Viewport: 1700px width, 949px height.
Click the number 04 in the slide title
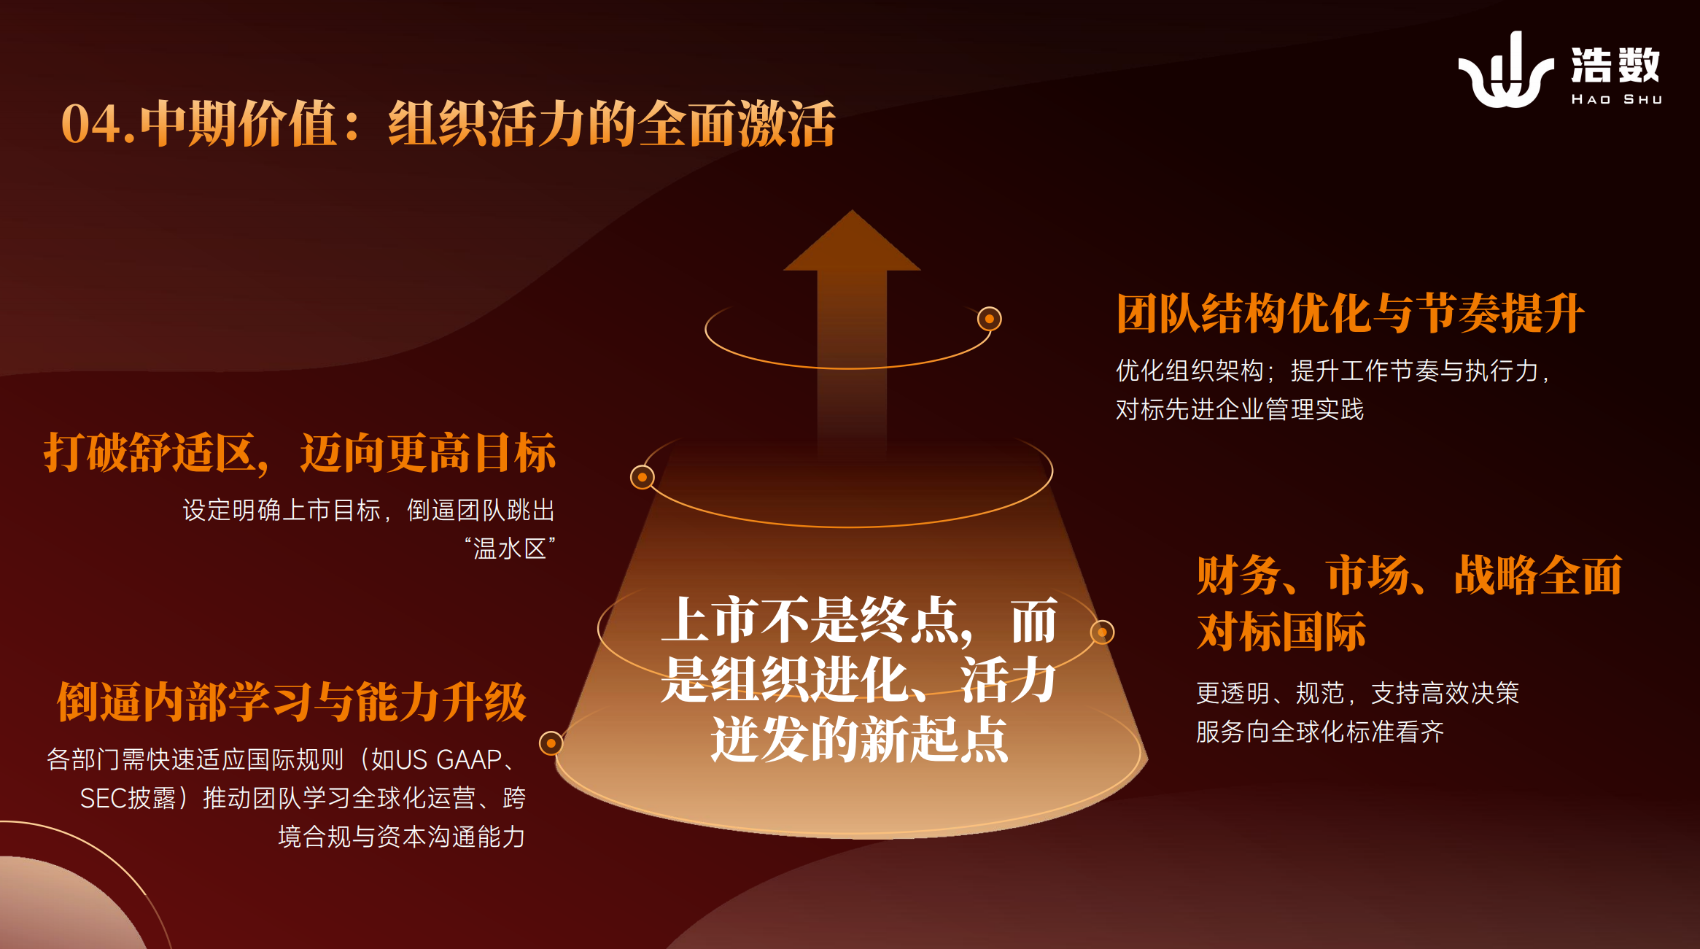coord(90,124)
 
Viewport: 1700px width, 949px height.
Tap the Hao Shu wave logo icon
coord(1505,71)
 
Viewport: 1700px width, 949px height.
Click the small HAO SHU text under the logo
coord(1616,99)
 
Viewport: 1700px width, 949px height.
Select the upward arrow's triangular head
coord(852,241)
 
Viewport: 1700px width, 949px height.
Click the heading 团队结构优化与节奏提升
coord(1350,314)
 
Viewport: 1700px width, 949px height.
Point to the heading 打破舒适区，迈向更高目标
coord(300,453)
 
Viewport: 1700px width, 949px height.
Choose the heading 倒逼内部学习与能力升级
coord(292,702)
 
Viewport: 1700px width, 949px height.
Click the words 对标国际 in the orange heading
coord(1281,632)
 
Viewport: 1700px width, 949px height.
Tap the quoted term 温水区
coord(510,549)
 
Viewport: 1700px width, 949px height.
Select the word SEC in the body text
coord(103,799)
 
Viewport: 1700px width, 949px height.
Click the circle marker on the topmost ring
coord(990,319)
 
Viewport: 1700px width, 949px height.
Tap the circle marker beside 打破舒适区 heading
coord(643,477)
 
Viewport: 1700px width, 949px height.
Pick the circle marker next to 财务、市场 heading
coord(1102,632)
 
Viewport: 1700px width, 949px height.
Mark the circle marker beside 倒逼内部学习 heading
coord(551,743)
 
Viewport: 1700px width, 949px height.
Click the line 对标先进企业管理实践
coord(1240,410)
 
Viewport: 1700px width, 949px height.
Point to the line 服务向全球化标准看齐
coord(1320,732)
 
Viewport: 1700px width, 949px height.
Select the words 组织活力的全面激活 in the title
coord(612,124)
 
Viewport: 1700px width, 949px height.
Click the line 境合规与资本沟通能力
coord(402,837)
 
